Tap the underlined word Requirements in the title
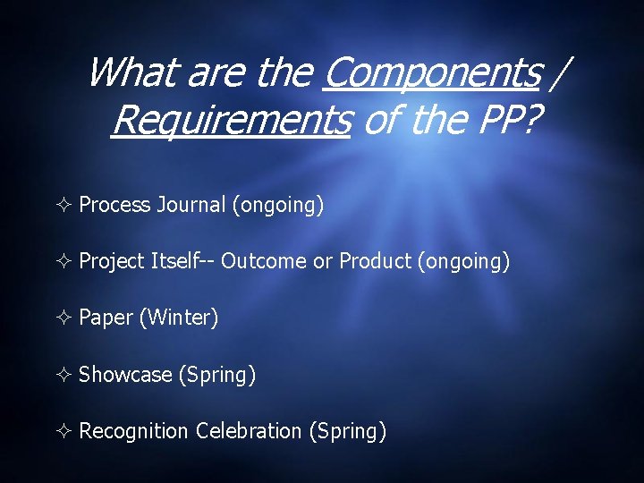230,119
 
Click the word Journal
191,205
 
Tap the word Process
114,205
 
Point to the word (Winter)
178,318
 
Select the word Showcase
125,375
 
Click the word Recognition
134,431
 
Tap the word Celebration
249,431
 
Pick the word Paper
106,318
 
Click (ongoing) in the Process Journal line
277,205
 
